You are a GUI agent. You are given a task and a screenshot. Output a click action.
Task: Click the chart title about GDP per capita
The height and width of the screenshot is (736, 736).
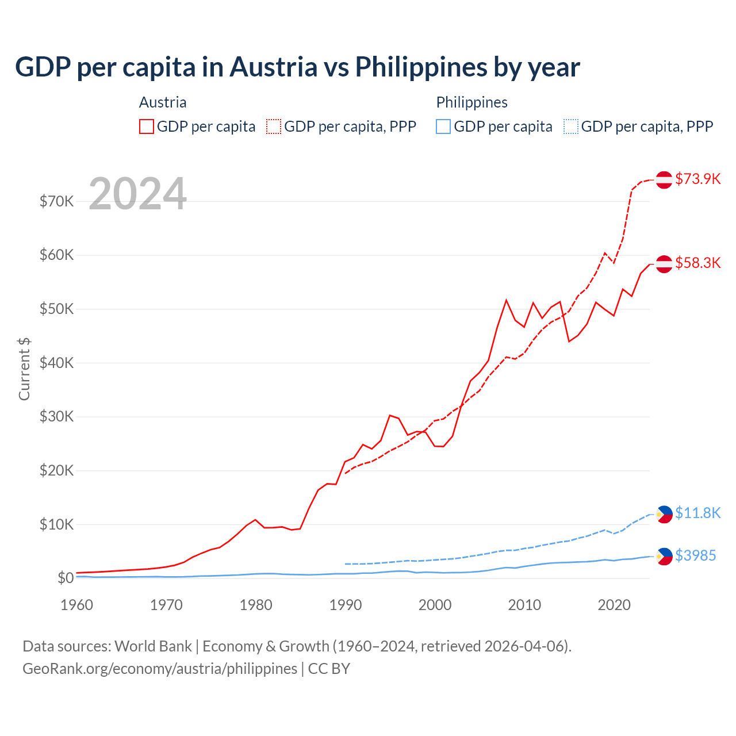(297, 67)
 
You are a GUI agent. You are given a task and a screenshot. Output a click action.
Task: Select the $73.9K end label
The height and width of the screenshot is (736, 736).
(697, 179)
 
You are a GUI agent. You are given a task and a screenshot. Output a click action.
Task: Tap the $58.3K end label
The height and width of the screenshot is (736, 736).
(697, 263)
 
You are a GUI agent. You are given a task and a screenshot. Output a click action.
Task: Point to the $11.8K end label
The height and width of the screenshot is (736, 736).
(697, 513)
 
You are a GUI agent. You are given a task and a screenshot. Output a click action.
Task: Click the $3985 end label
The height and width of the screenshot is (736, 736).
(695, 555)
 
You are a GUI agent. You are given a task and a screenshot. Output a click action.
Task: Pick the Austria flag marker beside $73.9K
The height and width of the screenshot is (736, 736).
(664, 179)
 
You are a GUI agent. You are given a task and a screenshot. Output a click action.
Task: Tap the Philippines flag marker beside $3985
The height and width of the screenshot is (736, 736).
(664, 556)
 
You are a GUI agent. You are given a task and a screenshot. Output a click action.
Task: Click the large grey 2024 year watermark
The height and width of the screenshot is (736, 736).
(137, 194)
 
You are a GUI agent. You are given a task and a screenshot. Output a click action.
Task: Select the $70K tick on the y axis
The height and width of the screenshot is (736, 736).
(56, 201)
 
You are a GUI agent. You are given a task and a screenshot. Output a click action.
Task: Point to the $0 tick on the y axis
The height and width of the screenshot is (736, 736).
(65, 578)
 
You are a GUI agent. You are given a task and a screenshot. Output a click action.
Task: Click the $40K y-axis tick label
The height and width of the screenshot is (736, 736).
(56, 363)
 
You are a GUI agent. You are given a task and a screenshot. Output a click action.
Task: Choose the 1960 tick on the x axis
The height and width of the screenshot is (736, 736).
(77, 605)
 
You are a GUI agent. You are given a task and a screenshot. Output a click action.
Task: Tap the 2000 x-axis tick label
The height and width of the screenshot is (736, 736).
(435, 605)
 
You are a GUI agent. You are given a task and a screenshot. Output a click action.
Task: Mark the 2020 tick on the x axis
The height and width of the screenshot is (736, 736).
(614, 605)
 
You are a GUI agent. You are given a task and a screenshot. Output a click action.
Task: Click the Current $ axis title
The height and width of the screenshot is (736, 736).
(24, 369)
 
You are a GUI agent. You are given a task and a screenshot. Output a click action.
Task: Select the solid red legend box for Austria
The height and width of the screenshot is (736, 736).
(147, 126)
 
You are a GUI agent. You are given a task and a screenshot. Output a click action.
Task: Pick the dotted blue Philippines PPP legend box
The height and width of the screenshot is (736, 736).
(571, 126)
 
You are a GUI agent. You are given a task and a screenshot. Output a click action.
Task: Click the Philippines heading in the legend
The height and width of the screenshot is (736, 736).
(471, 102)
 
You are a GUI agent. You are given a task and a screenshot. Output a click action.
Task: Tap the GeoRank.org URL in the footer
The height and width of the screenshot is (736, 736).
(160, 669)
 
